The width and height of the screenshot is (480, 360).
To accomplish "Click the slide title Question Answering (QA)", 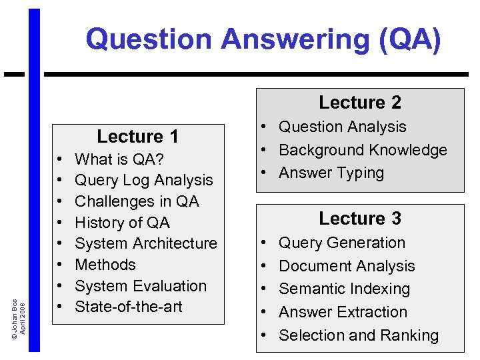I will click(x=263, y=39).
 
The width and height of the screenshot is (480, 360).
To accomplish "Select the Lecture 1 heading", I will click(x=137, y=137).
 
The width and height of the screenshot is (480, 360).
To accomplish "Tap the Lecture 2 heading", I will click(x=360, y=103).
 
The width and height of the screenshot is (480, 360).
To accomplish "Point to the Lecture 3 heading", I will click(x=360, y=219).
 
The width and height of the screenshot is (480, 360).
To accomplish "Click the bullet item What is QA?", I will click(x=119, y=159).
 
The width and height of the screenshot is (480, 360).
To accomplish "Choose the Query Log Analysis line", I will click(x=144, y=180).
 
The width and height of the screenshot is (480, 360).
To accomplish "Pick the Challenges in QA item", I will click(x=137, y=201).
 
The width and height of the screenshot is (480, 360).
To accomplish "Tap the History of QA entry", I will click(x=122, y=223).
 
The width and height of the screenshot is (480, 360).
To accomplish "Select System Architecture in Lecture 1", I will click(x=146, y=243).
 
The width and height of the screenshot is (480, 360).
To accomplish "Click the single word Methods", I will click(x=105, y=265).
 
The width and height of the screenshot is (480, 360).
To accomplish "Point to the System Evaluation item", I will click(x=141, y=286).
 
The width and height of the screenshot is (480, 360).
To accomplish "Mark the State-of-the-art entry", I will click(x=129, y=307).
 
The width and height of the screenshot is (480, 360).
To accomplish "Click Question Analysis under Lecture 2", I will click(x=342, y=127).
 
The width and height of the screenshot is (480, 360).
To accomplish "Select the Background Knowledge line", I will click(x=363, y=150).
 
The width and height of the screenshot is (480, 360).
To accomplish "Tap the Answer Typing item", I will click(x=331, y=173).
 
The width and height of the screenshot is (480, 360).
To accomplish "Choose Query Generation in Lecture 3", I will click(x=342, y=243).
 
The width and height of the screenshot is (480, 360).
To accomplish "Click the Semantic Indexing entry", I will click(x=344, y=289).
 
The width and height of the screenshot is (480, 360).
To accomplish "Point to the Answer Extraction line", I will click(x=343, y=312).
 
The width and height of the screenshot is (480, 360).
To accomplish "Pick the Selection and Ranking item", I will click(x=359, y=335).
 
